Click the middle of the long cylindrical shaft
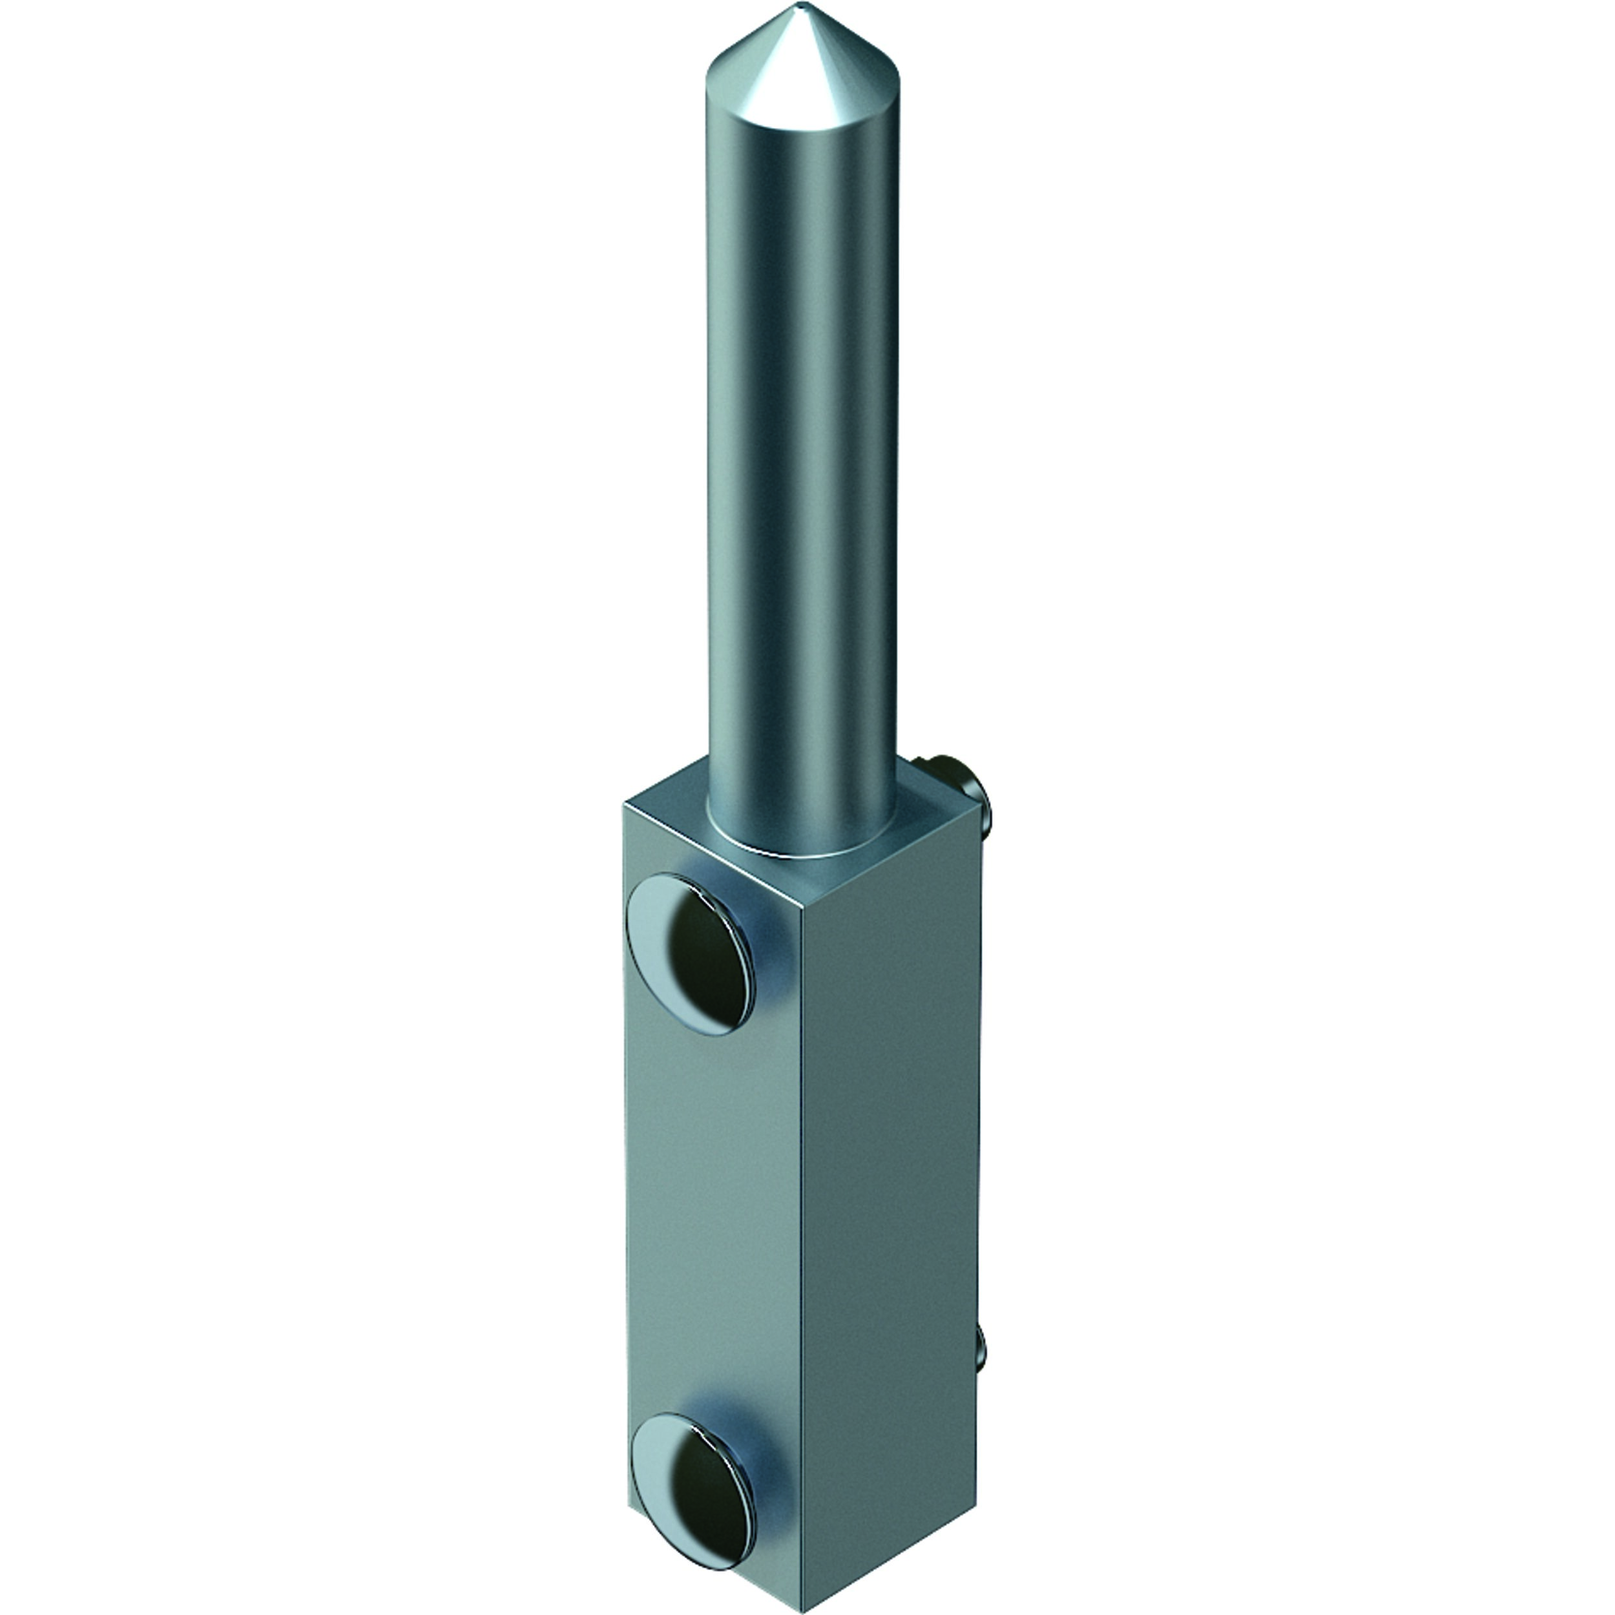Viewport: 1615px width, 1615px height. pyautogui.click(x=802, y=435)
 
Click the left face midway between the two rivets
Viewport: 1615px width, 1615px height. pyautogui.click(x=711, y=1212)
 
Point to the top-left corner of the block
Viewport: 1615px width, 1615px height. pyautogui.click(x=625, y=804)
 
